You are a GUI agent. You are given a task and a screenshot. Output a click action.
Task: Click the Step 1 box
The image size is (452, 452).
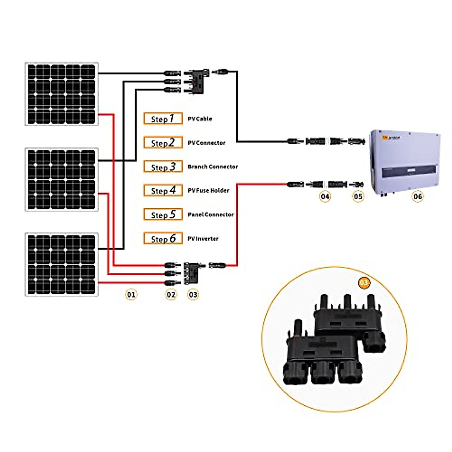pos(163,119)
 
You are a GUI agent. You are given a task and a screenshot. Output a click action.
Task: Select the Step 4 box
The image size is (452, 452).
pos(163,191)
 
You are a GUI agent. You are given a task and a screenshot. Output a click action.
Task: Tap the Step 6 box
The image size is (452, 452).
pos(163,239)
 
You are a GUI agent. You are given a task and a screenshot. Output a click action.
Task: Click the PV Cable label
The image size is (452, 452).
pos(200,119)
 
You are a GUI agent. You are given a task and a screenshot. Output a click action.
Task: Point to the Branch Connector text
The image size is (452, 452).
pos(213,166)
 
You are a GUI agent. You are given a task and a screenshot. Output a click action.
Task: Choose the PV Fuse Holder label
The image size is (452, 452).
pos(208,191)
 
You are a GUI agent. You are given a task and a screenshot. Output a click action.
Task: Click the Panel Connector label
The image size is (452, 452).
pos(211,215)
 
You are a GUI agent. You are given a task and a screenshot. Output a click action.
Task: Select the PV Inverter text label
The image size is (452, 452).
pos(203,239)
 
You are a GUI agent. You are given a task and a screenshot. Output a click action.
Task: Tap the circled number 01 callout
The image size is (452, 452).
pos(131,294)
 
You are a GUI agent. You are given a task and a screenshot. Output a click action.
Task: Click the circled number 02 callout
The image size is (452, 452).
pos(171,294)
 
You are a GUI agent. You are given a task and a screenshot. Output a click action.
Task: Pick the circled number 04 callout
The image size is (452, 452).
pos(325,196)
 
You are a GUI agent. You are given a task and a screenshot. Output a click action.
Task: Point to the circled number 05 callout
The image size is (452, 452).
pos(358,196)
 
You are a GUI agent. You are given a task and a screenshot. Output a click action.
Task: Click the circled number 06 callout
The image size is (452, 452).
pos(417,196)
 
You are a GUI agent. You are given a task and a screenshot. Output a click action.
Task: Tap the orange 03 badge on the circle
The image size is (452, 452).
pos(363,282)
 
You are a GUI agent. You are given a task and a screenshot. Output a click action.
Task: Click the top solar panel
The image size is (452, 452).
pos(61,94)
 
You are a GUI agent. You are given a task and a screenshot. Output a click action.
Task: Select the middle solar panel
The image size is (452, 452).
pos(61,179)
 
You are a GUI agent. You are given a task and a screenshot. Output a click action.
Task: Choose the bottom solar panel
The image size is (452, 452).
pos(61,264)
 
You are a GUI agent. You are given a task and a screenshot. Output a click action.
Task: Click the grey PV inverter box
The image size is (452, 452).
pos(405,162)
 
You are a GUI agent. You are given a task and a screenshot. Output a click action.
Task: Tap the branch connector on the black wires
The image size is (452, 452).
pos(195,81)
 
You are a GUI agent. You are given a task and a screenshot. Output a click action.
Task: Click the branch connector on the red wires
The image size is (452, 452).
pos(193,273)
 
